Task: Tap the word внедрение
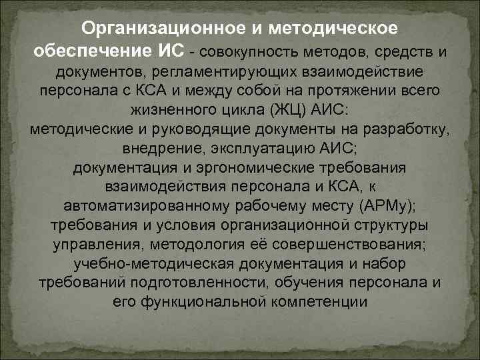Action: click(x=155, y=147)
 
